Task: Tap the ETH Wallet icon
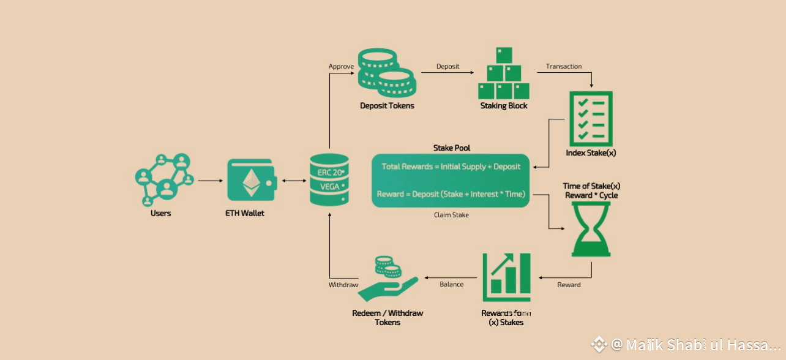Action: coord(251,181)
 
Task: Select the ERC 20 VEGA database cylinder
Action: coord(329,179)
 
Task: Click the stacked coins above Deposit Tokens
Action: coord(386,73)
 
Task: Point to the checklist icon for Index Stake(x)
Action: coord(591,118)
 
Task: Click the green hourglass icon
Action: coord(591,228)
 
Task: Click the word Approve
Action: coord(341,66)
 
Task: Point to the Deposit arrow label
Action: coord(447,66)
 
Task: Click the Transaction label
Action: coord(564,66)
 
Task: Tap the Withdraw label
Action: coord(343,285)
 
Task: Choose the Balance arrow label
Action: coord(452,284)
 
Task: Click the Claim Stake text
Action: coord(451,215)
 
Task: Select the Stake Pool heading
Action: coord(452,148)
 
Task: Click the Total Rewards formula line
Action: coord(451,167)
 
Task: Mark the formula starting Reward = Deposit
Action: coord(451,194)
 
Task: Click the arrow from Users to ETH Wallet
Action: coord(210,181)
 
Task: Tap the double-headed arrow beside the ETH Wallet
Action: coord(293,181)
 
